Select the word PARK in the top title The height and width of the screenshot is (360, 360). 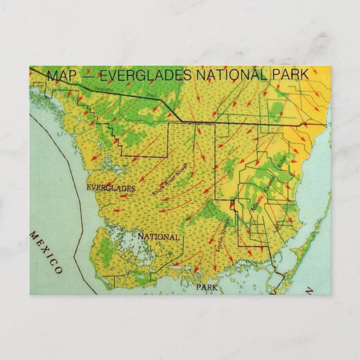[289, 74]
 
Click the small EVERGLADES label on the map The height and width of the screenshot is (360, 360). [110, 188]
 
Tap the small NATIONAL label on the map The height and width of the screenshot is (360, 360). [158, 236]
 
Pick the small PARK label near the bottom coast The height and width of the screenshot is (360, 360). [206, 287]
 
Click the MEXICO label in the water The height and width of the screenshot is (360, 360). [46, 252]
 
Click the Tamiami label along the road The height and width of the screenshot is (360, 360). [104, 89]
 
